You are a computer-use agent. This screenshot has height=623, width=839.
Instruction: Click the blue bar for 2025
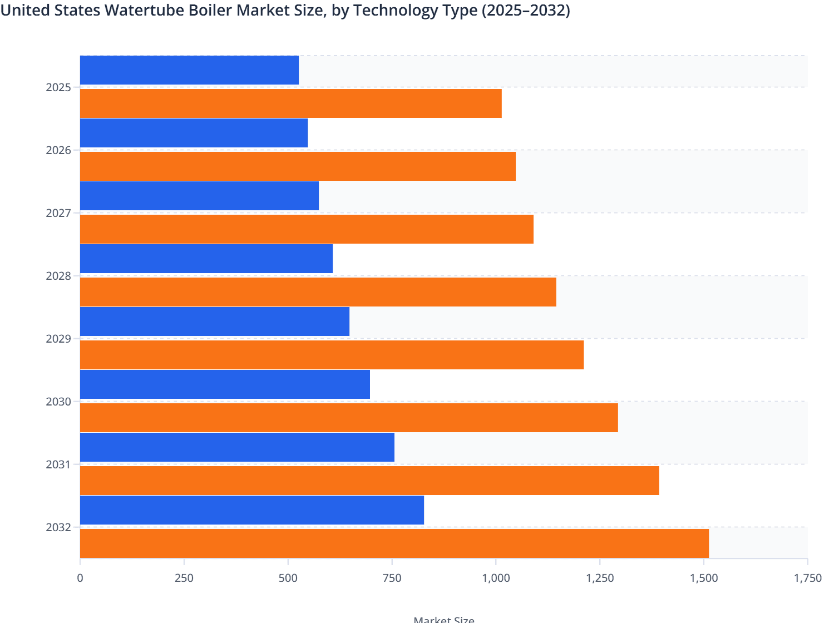pyautogui.click(x=189, y=70)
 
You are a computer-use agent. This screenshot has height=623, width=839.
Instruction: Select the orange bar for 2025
pyautogui.click(x=290, y=103)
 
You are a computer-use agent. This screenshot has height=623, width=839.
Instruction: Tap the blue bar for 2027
pyautogui.click(x=199, y=196)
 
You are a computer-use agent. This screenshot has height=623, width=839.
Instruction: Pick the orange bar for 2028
pyautogui.click(x=318, y=292)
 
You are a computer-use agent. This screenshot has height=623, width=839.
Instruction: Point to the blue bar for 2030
pyautogui.click(x=225, y=384)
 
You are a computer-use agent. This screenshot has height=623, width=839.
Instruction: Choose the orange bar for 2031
pyautogui.click(x=369, y=481)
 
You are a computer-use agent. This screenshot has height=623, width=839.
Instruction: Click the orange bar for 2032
pyautogui.click(x=394, y=543)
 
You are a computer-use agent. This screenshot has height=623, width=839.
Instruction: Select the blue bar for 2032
pyautogui.click(x=251, y=510)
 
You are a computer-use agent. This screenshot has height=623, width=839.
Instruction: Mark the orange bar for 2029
pyautogui.click(x=332, y=355)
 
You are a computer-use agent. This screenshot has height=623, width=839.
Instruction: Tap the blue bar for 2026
pyautogui.click(x=194, y=133)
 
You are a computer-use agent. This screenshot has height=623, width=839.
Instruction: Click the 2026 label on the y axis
pyautogui.click(x=58, y=150)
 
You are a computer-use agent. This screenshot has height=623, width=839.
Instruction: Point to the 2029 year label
pyautogui.click(x=58, y=339)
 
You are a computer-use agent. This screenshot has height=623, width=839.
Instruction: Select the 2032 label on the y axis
pyautogui.click(x=58, y=527)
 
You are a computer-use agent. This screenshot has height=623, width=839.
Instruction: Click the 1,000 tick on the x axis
pyautogui.click(x=496, y=578)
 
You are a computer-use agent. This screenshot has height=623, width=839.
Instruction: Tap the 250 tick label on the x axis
pyautogui.click(x=184, y=578)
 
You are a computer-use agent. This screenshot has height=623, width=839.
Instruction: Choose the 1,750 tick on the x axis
pyautogui.click(x=807, y=578)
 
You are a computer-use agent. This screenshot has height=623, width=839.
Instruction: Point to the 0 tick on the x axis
pyautogui.click(x=80, y=578)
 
